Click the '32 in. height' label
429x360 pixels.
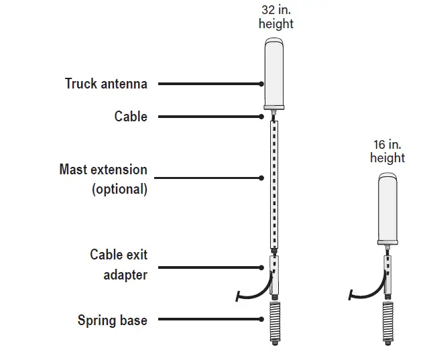275,17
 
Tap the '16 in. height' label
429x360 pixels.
387,151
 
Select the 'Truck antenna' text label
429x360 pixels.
106,84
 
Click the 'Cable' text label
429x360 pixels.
131,117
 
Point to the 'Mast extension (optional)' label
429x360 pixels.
103,179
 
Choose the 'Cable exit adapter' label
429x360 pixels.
119,265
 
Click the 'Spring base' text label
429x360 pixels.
112,320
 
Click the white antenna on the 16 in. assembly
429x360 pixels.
387,207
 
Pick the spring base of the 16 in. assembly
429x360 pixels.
387,323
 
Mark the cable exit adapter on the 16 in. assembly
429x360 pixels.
387,274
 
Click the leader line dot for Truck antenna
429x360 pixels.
261,84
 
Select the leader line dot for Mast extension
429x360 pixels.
261,178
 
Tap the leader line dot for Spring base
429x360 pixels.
261,320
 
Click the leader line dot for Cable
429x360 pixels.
261,117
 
